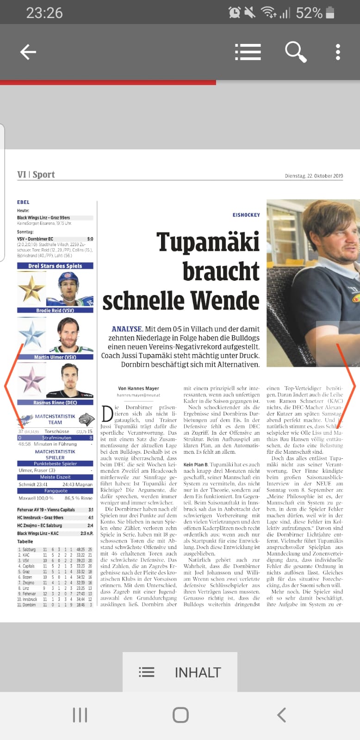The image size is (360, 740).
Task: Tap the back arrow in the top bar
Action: click(x=28, y=52)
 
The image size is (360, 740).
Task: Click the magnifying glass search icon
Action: click(x=295, y=52)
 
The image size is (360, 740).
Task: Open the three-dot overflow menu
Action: click(x=338, y=52)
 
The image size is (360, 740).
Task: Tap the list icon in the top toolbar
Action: click(x=248, y=52)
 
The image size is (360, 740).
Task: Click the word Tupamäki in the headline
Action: click(x=208, y=242)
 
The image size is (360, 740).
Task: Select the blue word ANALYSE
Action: click(x=127, y=329)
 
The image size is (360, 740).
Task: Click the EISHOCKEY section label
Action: click(x=246, y=215)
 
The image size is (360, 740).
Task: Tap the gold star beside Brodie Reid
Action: click(x=31, y=289)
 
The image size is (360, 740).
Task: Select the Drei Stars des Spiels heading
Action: click(x=55, y=266)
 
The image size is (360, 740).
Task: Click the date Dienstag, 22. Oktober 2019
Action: click(x=314, y=176)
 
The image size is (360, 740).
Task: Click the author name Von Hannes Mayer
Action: click(x=138, y=388)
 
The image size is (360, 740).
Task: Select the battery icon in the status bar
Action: click(x=330, y=12)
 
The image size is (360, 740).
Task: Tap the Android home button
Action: click(x=180, y=715)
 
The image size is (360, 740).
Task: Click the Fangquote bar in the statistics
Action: click(x=56, y=491)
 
